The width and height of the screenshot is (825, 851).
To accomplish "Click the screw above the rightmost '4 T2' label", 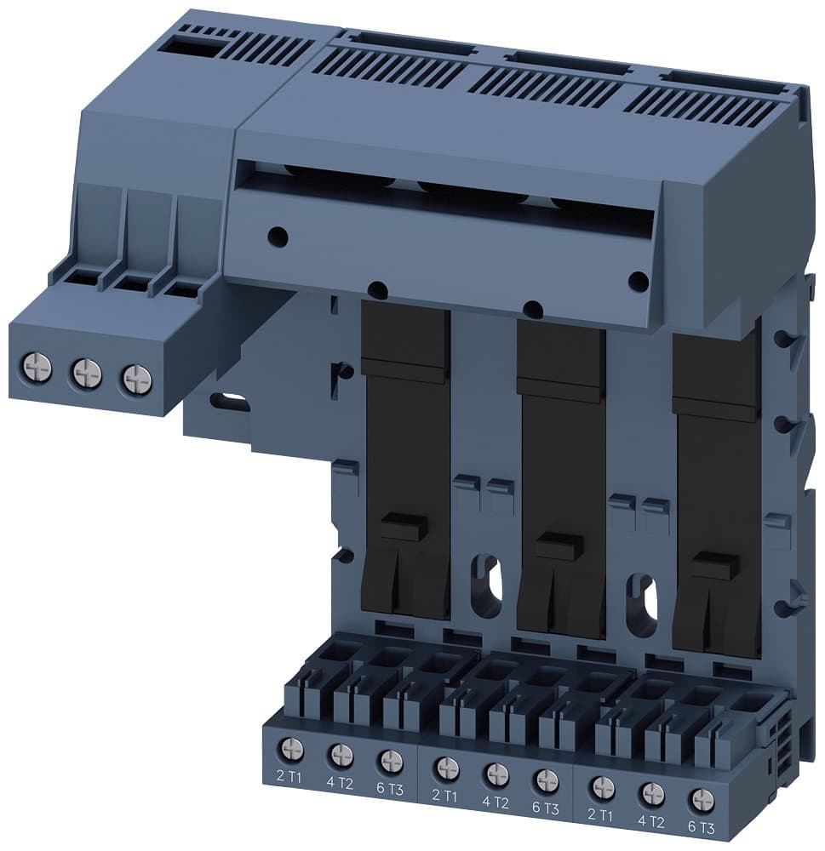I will pyautogui.click(x=652, y=793).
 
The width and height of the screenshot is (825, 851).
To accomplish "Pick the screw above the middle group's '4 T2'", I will pyautogui.click(x=496, y=774).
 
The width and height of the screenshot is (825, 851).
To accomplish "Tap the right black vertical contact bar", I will pyautogui.click(x=715, y=494).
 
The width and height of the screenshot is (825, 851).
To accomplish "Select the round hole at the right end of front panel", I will pyautogui.click(x=636, y=278).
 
